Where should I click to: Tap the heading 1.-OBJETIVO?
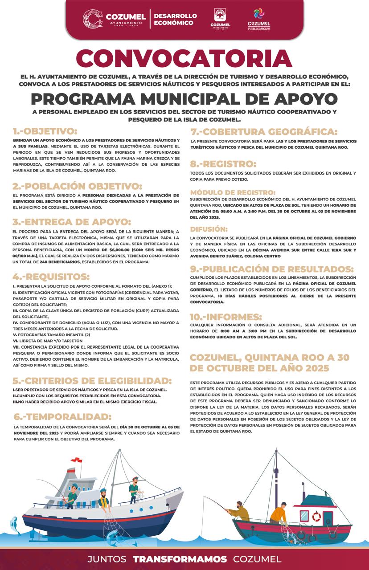click(45, 131)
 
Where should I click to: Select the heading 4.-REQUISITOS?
click(51, 276)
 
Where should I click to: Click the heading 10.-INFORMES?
click(226, 317)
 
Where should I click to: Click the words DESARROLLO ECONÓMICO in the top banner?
click(175, 19)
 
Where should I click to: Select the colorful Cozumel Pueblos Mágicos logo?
click(259, 19)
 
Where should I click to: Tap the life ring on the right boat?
click(316, 517)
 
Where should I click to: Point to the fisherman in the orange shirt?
click(278, 514)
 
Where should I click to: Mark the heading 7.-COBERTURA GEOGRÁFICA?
click(263, 131)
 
